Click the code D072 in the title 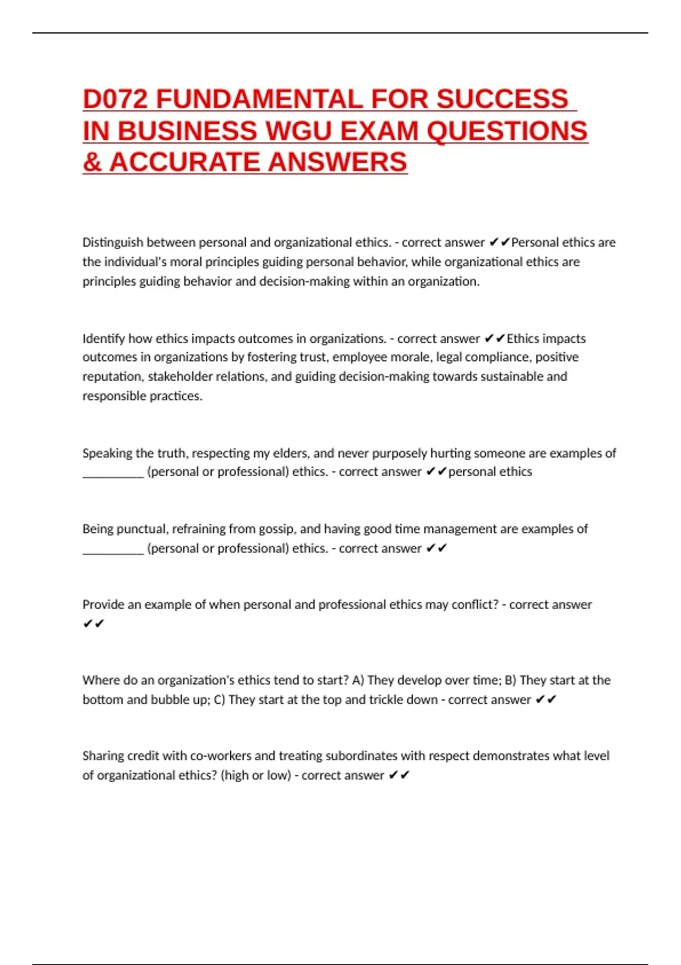point(115,99)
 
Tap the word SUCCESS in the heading point(502,99)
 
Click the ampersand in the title point(92,162)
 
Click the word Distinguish point(112,242)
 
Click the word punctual point(141,529)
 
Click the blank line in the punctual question point(113,551)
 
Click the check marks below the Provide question point(94,624)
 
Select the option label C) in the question point(219,700)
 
